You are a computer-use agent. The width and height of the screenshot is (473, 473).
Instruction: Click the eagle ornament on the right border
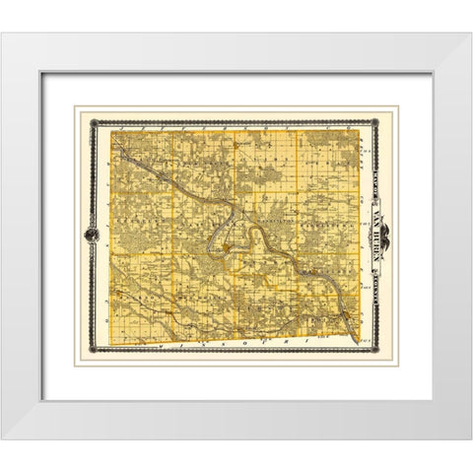[382, 237]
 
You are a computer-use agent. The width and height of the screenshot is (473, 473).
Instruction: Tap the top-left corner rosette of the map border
[94, 123]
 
